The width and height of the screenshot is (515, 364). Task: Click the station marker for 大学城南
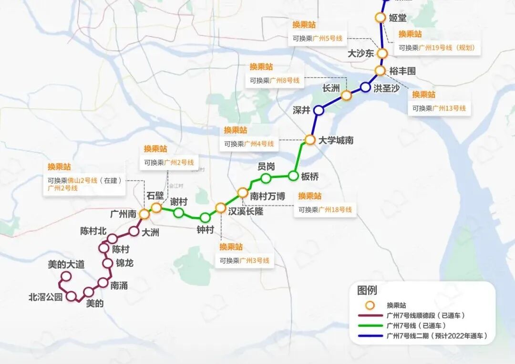click(310, 140)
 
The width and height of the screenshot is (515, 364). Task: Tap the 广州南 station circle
click(144, 214)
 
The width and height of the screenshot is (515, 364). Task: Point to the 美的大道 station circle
click(66, 276)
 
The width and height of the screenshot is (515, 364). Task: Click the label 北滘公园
click(46, 297)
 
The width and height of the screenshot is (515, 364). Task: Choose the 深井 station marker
click(319, 110)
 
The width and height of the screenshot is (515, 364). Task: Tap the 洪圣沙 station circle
click(365, 87)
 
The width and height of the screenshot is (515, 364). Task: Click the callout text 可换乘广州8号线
click(275, 81)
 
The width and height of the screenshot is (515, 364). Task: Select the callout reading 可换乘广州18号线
click(325, 210)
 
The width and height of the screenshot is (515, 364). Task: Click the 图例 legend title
click(367, 290)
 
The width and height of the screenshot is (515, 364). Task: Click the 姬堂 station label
click(398, 18)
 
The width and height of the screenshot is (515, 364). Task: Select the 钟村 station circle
click(205, 218)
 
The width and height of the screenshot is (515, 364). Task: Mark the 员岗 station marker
click(266, 178)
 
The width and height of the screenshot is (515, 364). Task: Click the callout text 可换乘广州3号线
click(245, 261)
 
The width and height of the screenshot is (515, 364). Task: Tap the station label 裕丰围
click(402, 71)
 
